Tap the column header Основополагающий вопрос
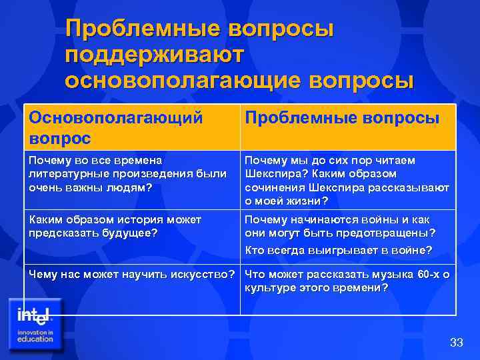point(115,127)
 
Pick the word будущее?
point(129,233)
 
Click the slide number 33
point(456,343)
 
